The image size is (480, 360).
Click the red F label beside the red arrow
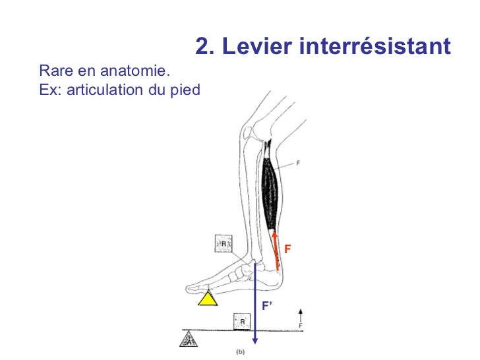click(x=287, y=249)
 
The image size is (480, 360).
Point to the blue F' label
click(x=268, y=306)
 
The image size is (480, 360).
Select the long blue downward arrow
click(x=255, y=303)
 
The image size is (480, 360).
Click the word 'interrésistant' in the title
click(x=375, y=47)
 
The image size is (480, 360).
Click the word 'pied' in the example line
click(x=185, y=88)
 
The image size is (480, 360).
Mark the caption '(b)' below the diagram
click(x=241, y=351)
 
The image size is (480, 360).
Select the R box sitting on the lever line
click(x=242, y=322)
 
